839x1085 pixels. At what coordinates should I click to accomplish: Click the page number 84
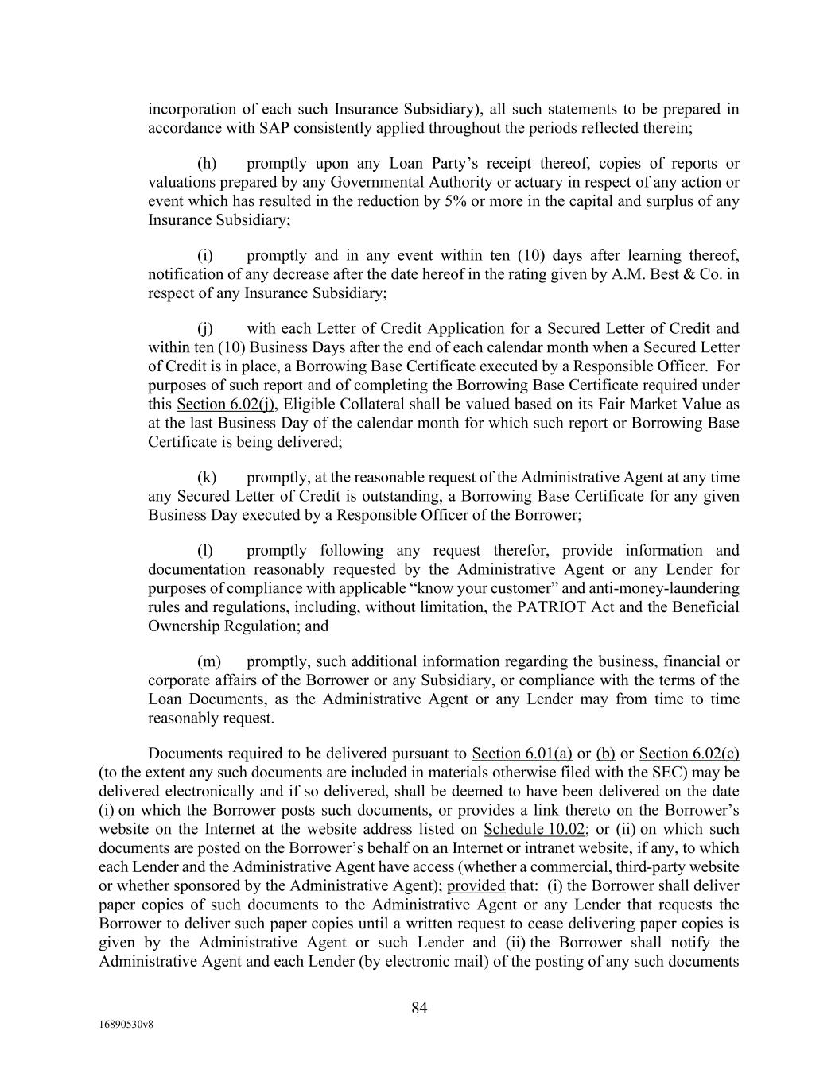[419, 1008]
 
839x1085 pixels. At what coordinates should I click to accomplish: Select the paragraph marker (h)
[207, 164]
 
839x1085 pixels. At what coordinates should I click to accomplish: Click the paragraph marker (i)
[205, 255]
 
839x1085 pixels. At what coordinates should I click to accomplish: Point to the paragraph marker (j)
[205, 328]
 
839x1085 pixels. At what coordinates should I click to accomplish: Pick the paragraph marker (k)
[207, 477]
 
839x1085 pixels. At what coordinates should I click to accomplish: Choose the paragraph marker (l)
[205, 550]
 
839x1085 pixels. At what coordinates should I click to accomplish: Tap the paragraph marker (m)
[208, 661]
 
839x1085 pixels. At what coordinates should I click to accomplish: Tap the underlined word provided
[476, 885]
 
